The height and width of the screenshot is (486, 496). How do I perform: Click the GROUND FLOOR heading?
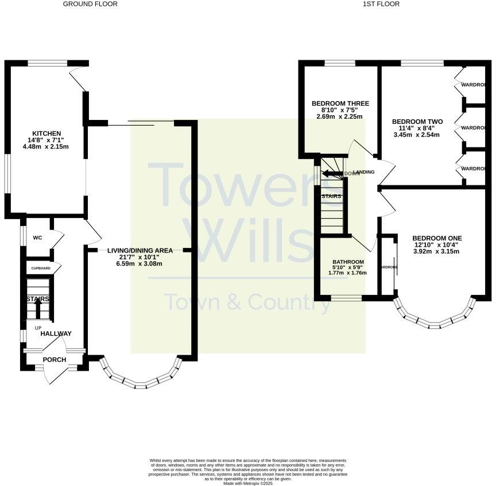click(90, 4)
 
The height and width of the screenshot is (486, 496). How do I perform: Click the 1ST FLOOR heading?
click(381, 4)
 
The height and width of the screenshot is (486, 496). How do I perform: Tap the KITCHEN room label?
click(46, 134)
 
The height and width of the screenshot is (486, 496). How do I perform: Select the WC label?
click(37, 238)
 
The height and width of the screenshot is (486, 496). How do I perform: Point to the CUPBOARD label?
click(41, 268)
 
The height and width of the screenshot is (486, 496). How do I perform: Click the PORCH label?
click(55, 360)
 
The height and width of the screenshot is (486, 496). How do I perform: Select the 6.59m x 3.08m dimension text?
click(140, 263)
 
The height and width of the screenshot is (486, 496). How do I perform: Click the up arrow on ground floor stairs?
click(38, 308)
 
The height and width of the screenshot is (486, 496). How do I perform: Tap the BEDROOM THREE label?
click(340, 104)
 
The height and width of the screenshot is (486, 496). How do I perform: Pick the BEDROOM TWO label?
click(417, 122)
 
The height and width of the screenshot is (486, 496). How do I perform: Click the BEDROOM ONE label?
click(437, 238)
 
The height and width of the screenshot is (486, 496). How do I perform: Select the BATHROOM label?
click(348, 262)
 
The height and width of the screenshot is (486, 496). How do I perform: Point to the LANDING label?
click(364, 172)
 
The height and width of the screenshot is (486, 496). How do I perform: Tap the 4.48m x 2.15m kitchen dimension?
click(46, 146)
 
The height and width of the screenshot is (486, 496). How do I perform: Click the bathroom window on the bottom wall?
click(346, 297)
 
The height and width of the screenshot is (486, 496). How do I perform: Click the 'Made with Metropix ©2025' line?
click(248, 483)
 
